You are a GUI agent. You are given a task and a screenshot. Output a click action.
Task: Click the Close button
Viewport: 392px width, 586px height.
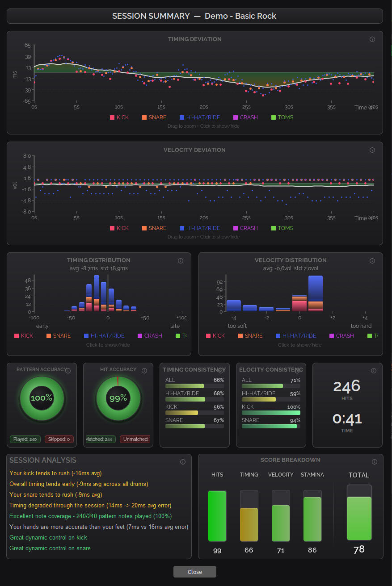[x=194, y=572]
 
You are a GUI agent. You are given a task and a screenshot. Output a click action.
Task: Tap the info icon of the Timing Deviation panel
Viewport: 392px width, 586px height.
[x=372, y=39]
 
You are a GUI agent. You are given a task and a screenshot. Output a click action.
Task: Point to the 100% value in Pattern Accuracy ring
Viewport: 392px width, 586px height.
[x=42, y=398]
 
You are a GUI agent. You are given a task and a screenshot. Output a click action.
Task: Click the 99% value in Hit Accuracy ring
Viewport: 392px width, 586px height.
[x=118, y=398]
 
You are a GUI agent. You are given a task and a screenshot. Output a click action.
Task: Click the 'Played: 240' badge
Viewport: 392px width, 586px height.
[x=25, y=439]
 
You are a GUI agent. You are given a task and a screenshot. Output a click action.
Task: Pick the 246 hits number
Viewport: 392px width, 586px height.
[x=347, y=386]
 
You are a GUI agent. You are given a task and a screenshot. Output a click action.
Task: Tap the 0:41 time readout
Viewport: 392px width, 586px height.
[x=347, y=419]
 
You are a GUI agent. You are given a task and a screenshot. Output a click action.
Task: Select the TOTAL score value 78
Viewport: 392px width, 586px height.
[x=359, y=549]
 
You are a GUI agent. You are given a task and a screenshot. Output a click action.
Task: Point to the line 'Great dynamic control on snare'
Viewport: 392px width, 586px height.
[x=50, y=548]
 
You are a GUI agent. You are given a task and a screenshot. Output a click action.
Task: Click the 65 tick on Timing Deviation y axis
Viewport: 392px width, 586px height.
[x=28, y=45]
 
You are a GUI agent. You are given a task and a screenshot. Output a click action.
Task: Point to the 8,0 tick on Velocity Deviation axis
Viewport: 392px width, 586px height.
[x=27, y=156]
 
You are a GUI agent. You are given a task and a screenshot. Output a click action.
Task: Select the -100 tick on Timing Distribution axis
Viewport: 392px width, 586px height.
[x=34, y=318]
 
